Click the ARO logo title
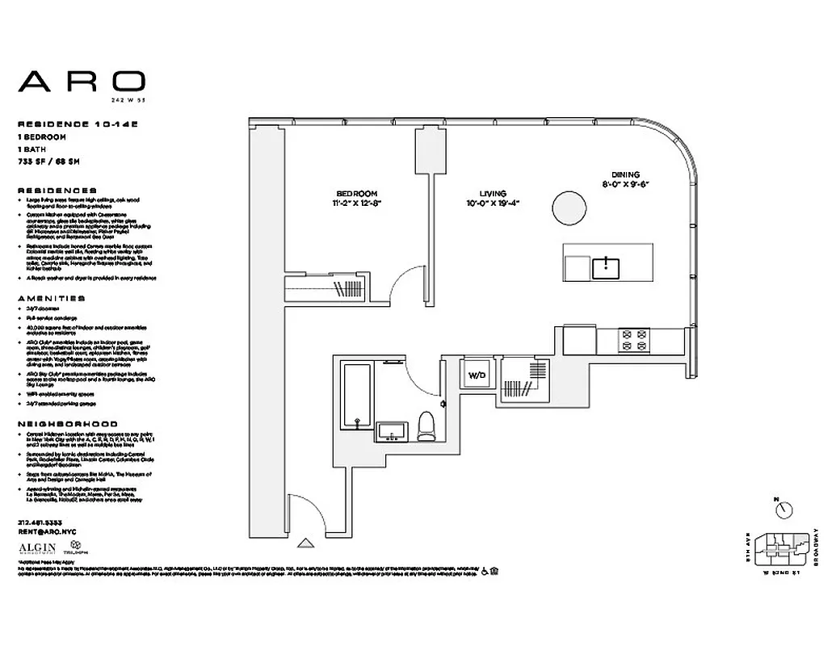[82, 82]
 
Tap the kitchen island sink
[606, 267]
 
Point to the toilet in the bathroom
[426, 427]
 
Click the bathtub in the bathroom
[356, 396]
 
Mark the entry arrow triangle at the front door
[305, 543]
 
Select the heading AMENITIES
[50, 298]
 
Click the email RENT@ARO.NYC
[48, 533]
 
